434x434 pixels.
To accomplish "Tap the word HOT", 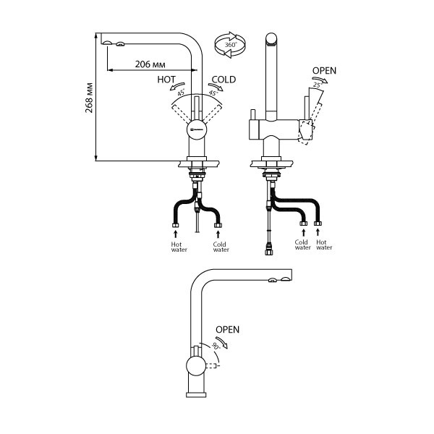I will point(166,80).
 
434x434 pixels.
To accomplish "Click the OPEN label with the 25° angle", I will point(323,71).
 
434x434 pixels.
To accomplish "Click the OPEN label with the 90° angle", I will point(227,330).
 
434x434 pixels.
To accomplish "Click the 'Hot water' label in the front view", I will point(177,247).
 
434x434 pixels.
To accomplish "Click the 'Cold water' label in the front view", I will point(221,247).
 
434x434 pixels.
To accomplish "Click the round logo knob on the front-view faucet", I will point(197,129).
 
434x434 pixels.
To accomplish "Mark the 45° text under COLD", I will point(213,93).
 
